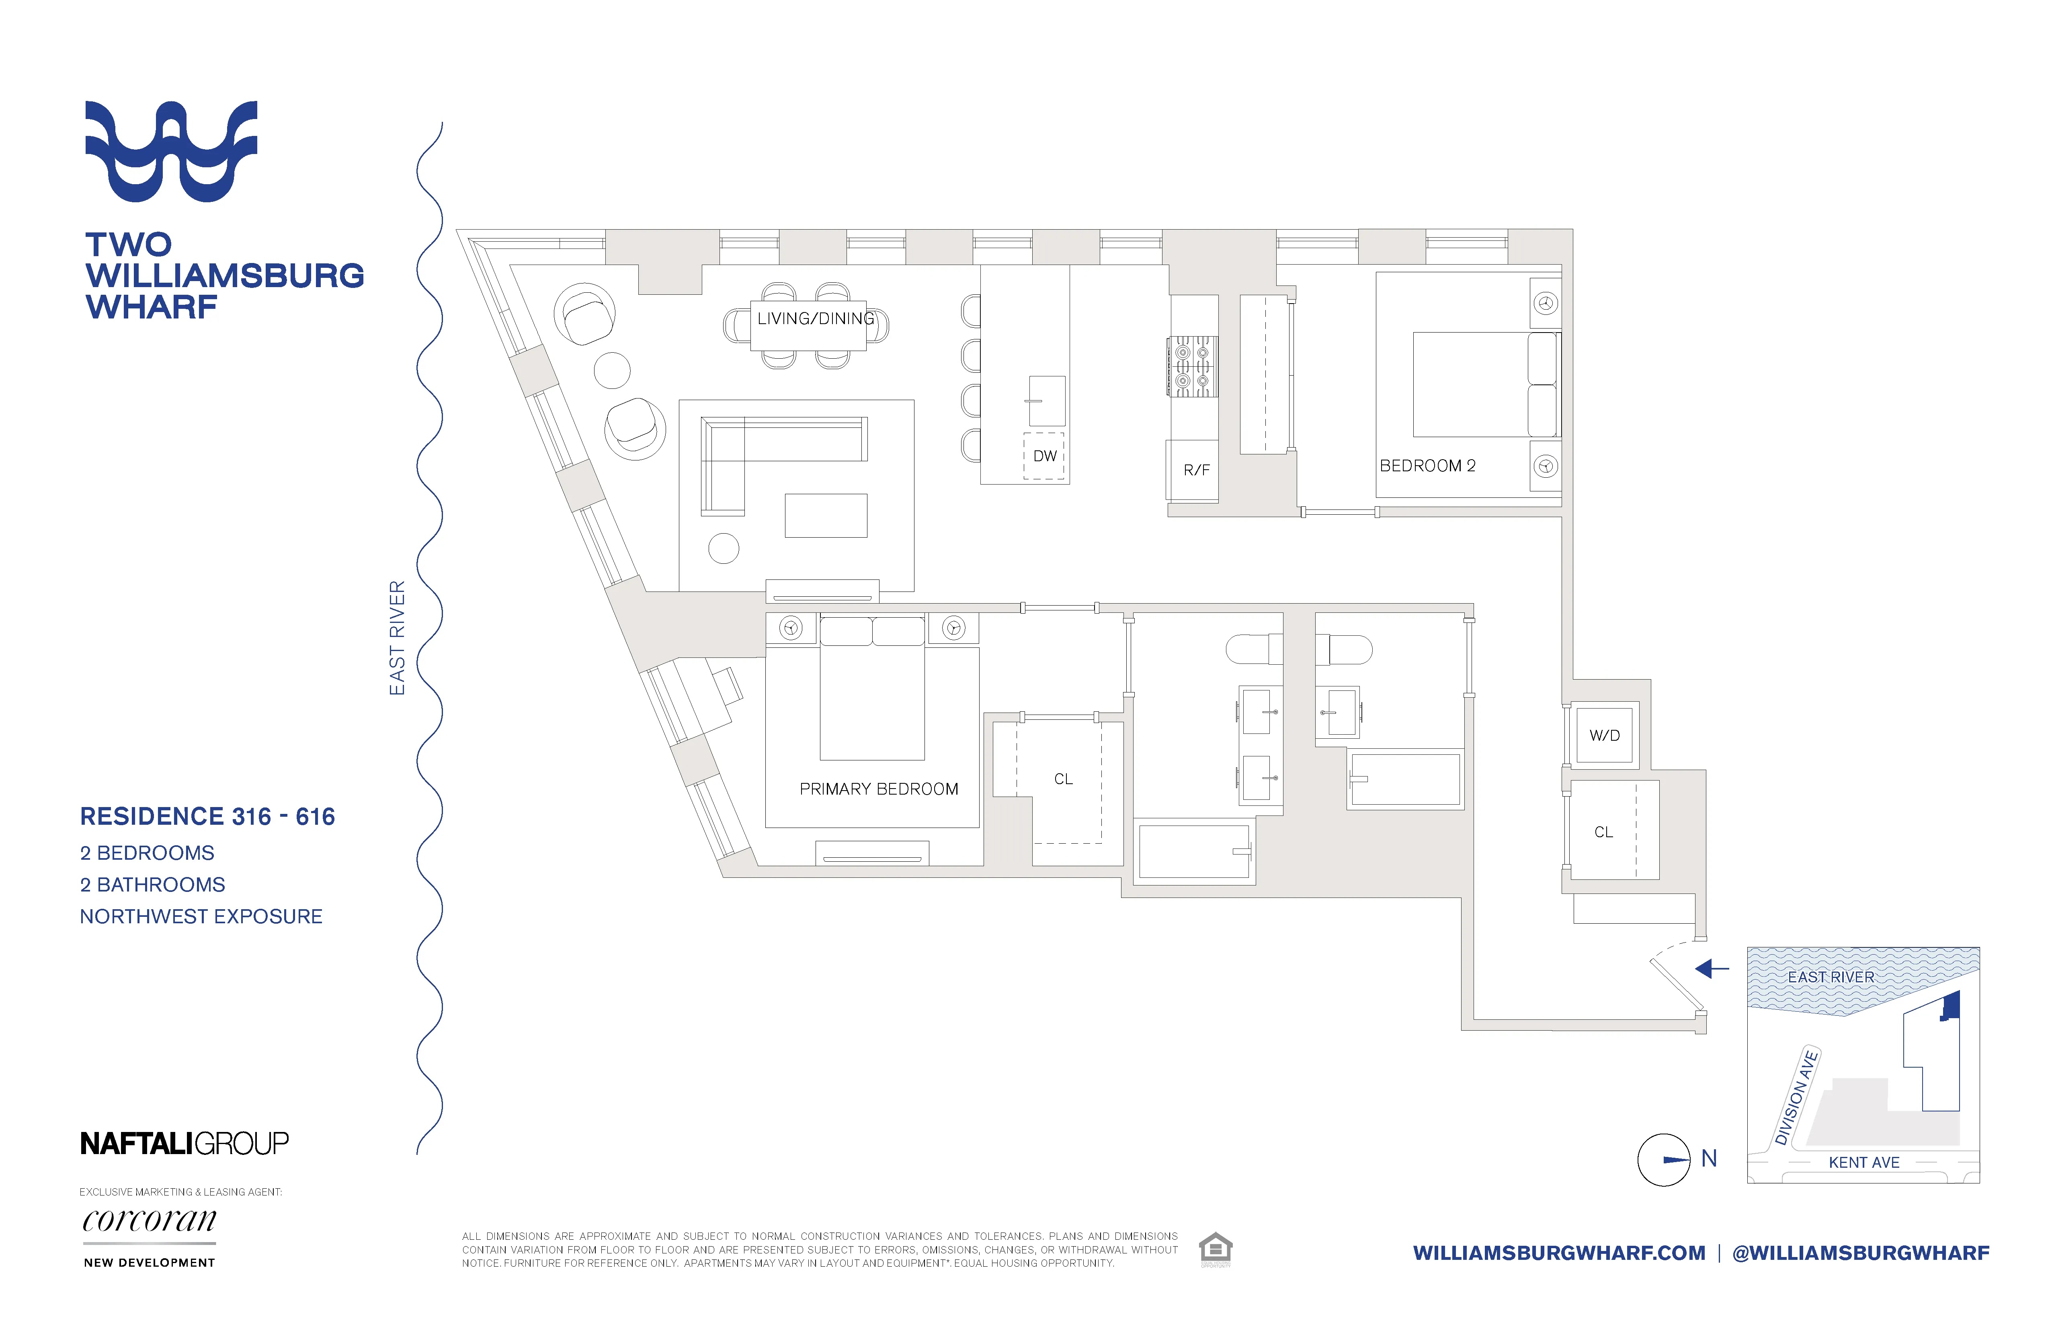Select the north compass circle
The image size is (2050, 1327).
click(x=1663, y=1160)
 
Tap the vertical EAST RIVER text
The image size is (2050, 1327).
click(x=397, y=638)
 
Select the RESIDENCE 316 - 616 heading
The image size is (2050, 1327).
click(x=207, y=817)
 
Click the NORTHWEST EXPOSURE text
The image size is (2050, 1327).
click(x=201, y=917)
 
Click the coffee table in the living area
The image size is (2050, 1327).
click(x=825, y=515)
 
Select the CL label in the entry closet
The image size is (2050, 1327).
click(x=1603, y=832)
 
